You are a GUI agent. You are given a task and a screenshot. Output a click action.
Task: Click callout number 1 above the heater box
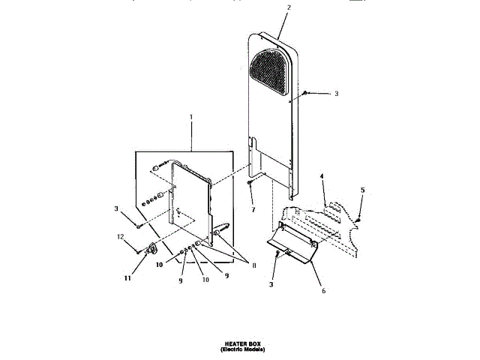191,118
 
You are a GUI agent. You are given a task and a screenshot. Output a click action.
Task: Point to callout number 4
322,178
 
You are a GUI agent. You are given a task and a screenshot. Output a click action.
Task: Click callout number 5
362,190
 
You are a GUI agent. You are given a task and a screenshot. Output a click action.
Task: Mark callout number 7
253,210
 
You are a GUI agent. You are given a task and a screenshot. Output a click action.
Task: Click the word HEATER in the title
229,341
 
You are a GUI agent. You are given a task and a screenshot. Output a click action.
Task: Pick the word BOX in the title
254,341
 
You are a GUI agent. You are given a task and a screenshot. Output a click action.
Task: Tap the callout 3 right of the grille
336,94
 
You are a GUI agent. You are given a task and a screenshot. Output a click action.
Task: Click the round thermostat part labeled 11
155,251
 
